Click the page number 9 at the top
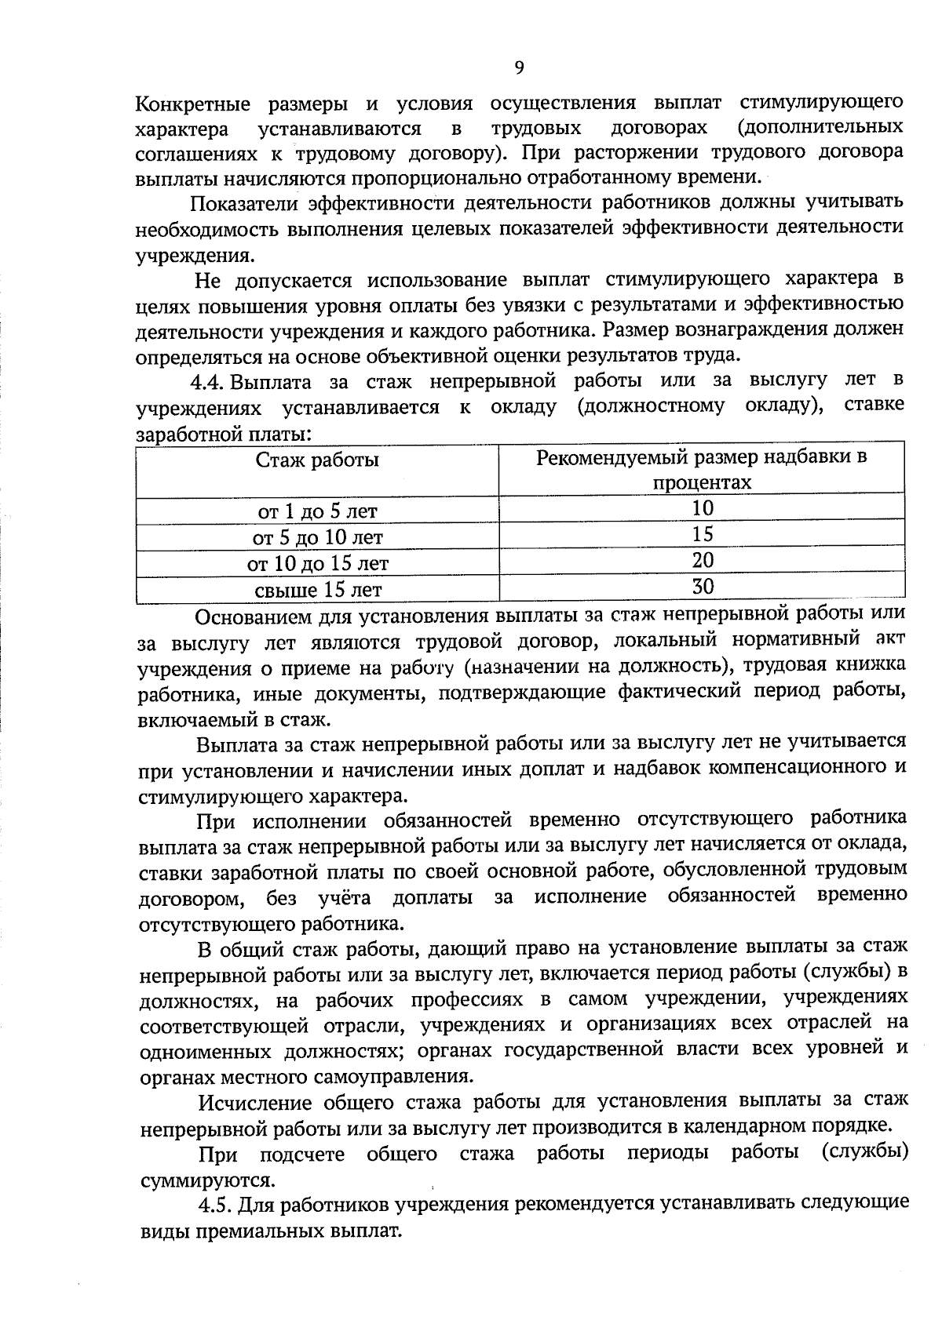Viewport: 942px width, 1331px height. pyautogui.click(x=519, y=67)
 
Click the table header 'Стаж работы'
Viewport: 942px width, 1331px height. pyautogui.click(x=317, y=460)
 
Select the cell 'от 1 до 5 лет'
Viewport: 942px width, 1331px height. pyautogui.click(x=317, y=512)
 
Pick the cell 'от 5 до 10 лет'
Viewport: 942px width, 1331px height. pyautogui.click(x=317, y=538)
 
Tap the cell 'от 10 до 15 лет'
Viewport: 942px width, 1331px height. pyautogui.click(x=317, y=564)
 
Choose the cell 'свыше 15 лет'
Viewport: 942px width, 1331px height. pyautogui.click(x=317, y=590)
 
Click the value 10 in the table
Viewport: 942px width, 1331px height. pyautogui.click(x=703, y=508)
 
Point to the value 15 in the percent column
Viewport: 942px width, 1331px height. pyautogui.click(x=703, y=534)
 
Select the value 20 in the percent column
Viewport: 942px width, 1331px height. pyautogui.click(x=703, y=560)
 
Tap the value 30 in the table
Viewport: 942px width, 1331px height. pyautogui.click(x=703, y=586)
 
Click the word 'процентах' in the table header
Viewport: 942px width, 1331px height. pyautogui.click(x=702, y=483)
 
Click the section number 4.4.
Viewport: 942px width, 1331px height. pyautogui.click(x=208, y=382)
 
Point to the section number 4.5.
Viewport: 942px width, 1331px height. pyautogui.click(x=214, y=1204)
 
